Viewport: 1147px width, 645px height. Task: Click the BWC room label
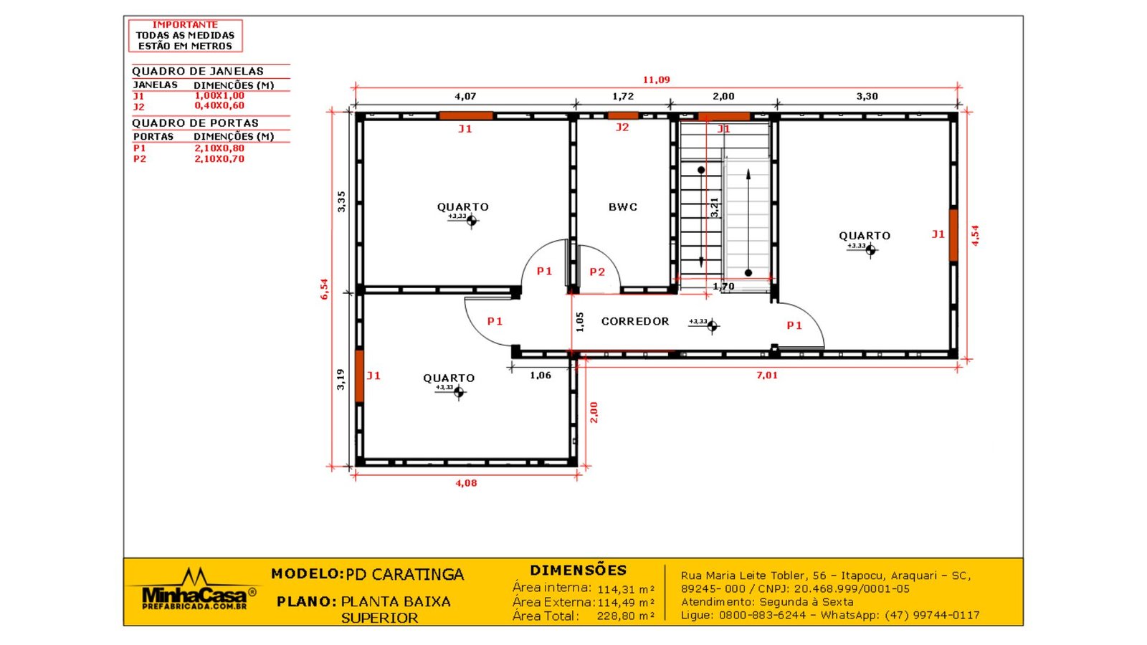pos(623,207)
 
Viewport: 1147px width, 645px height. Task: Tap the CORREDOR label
pos(635,321)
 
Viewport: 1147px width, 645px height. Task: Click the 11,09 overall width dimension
pos(657,80)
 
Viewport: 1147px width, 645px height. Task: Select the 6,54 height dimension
pos(324,289)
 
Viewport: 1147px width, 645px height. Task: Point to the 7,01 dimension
pos(767,376)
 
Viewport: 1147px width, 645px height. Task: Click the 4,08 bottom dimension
pos(466,483)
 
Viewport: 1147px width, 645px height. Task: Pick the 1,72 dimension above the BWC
pos(623,96)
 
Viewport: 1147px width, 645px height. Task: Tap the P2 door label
pos(597,272)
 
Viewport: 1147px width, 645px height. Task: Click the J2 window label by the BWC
pos(622,127)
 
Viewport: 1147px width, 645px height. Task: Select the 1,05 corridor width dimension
pos(580,322)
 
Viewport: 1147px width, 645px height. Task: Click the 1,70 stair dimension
pos(723,286)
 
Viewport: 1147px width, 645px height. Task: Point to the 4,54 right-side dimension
pos(975,236)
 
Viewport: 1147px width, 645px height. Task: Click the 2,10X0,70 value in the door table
pos(219,158)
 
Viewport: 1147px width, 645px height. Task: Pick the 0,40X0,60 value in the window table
pos(219,105)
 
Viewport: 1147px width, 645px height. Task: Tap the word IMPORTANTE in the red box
pos(185,24)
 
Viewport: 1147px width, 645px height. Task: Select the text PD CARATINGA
pos(404,574)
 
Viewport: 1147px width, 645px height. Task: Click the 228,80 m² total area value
pos(625,616)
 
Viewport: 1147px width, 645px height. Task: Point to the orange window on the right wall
pos(953,236)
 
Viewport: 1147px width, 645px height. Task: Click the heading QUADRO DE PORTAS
pos(195,123)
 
